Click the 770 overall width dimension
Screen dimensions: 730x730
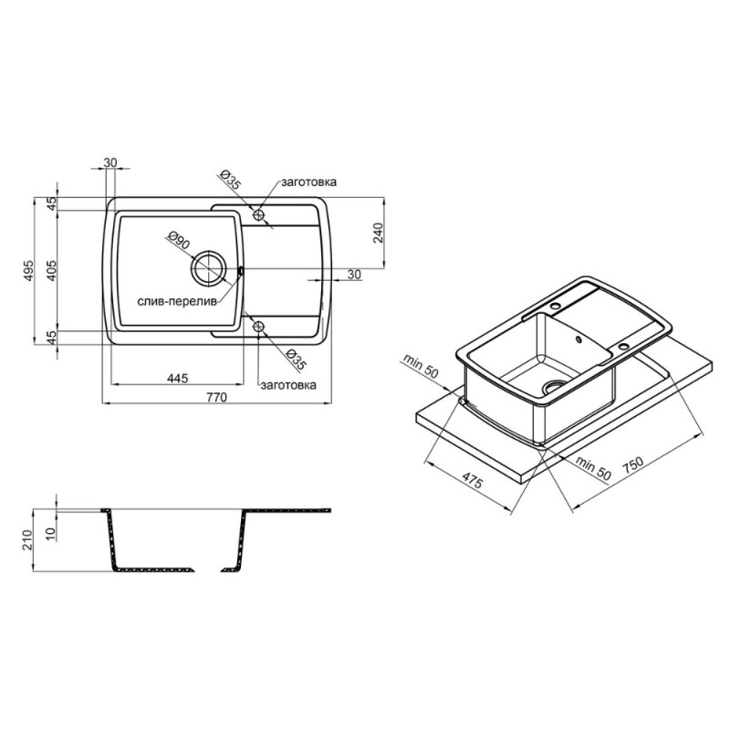click(x=216, y=398)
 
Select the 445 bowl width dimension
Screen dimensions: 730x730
click(x=178, y=378)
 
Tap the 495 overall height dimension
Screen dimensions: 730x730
click(x=29, y=270)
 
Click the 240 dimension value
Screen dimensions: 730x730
click(x=378, y=233)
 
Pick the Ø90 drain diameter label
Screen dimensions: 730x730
click(x=178, y=242)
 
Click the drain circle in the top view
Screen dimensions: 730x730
click(x=208, y=268)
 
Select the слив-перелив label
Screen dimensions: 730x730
click(x=177, y=302)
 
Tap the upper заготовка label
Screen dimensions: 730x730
click(x=308, y=182)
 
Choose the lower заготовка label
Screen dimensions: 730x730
click(x=288, y=385)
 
